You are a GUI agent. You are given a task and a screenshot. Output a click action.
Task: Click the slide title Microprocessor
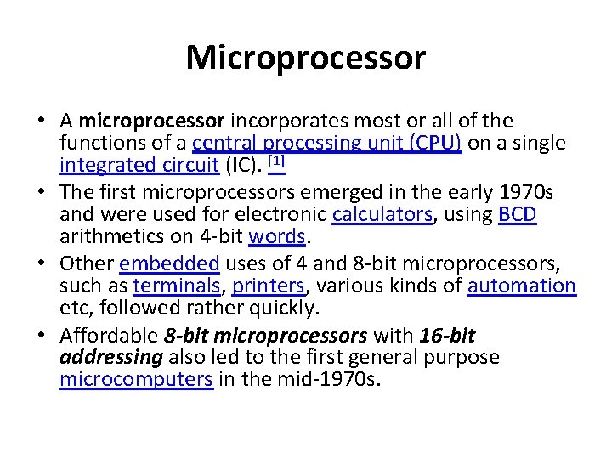coord(305,58)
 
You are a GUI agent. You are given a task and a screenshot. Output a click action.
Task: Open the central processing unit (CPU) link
coord(327,144)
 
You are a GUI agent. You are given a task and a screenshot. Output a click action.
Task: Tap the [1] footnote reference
coord(276,161)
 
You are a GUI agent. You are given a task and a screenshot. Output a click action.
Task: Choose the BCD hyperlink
coord(518,215)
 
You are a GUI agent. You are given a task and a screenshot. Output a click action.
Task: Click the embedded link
coord(169,263)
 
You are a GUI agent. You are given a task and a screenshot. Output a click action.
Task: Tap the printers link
coord(269,286)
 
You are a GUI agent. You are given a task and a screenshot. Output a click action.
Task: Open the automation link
coord(522,286)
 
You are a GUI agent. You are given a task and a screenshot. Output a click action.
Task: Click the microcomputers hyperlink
coord(136,379)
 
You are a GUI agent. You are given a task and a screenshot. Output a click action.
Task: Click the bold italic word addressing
coord(111,357)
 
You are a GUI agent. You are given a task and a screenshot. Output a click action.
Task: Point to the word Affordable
coord(110,335)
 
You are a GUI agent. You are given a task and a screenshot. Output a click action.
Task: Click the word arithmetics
coord(121,237)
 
